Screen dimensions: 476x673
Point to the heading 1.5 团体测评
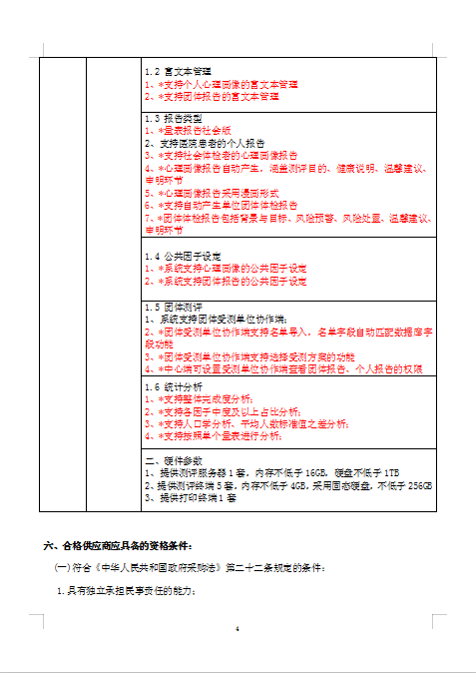coord(174,307)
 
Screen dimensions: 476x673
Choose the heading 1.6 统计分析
coord(174,385)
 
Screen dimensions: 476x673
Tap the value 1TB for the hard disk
coord(389,472)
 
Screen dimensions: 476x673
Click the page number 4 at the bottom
coord(238,629)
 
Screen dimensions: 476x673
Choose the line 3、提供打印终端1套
coord(190,496)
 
